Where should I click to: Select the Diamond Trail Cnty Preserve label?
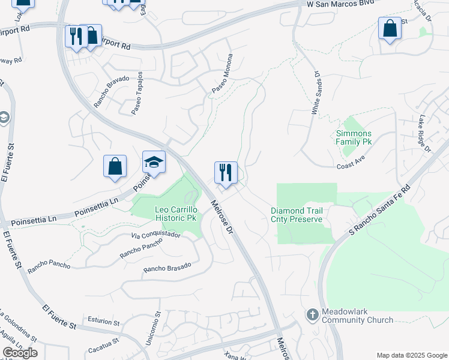pos(297,215)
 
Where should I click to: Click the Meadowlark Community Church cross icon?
pos(312,314)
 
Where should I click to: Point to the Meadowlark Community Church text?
pos(357,316)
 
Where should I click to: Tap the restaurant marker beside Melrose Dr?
pos(226,173)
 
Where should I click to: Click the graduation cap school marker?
pos(154,163)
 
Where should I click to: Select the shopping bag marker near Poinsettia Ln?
pos(115,166)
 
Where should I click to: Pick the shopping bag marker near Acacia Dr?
pos(390,28)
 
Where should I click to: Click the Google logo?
pos(20,353)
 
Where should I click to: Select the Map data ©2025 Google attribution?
pos(411,355)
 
